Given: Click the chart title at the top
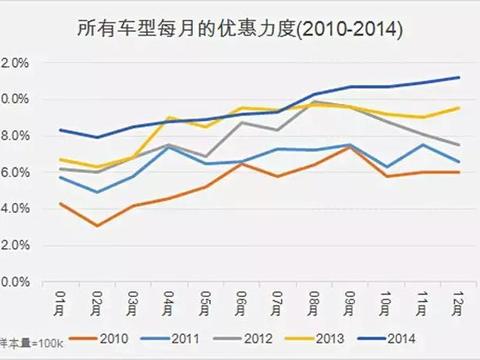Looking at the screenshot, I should coord(240,29).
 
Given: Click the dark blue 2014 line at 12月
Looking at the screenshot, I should coord(459,77).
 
